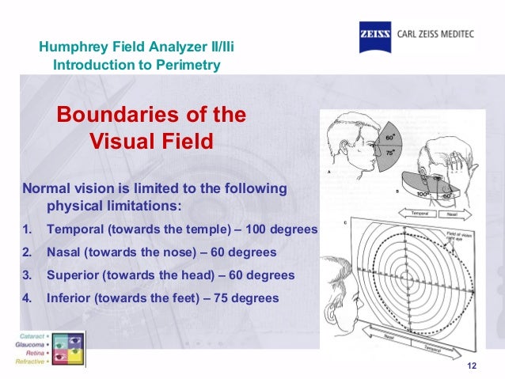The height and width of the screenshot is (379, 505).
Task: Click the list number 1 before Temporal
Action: tap(26, 229)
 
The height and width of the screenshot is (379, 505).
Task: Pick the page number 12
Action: tap(473, 364)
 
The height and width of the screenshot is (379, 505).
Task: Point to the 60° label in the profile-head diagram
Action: tap(390, 137)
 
